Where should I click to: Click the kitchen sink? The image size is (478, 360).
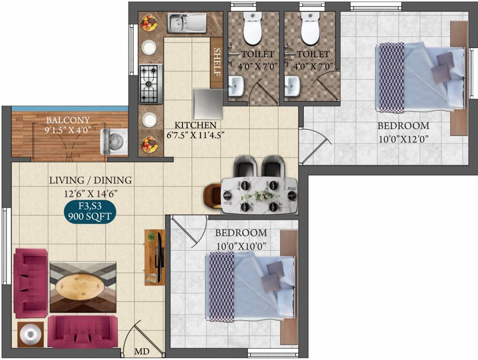[187, 23]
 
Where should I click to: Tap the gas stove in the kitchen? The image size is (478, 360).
[150, 84]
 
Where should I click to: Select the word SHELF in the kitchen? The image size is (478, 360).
[217, 62]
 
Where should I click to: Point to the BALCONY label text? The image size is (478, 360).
[68, 120]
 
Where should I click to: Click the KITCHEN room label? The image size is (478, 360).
[195, 125]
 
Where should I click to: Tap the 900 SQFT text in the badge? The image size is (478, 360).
[89, 217]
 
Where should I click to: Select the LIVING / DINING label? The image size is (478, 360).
[90, 180]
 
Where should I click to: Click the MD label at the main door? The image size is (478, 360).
[142, 351]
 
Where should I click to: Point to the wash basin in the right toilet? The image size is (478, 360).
[292, 86]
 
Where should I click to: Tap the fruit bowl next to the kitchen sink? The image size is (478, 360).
[149, 23]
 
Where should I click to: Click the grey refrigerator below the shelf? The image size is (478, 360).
[208, 104]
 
